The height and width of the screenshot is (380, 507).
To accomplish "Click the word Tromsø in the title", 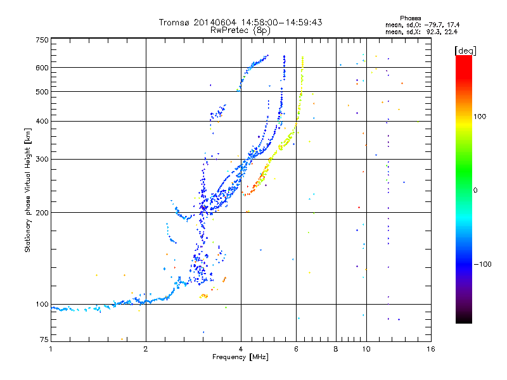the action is (x=174, y=22).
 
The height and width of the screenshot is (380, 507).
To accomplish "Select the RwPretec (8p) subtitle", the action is (x=240, y=30).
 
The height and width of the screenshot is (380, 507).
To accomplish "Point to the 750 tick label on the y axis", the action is (x=42, y=40).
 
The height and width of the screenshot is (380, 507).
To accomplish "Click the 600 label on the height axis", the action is (x=42, y=68).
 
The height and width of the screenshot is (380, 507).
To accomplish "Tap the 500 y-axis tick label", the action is (x=42, y=92).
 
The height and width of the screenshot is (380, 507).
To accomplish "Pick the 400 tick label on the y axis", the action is (x=42, y=121).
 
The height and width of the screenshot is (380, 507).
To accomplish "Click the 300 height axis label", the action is (x=42, y=160).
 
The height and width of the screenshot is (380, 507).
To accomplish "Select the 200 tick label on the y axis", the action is (x=42, y=213).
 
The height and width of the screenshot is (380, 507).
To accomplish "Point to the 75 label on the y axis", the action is (x=44, y=339).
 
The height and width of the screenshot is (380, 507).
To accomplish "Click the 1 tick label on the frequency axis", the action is (x=51, y=349).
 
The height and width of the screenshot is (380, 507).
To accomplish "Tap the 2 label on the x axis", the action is (x=146, y=349).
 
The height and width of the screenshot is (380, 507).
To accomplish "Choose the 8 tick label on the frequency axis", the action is (x=336, y=349).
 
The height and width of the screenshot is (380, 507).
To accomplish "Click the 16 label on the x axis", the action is (x=431, y=349).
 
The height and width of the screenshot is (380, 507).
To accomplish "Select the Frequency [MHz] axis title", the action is (x=240, y=357).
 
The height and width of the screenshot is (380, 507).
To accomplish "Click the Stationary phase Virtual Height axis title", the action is (x=27, y=190).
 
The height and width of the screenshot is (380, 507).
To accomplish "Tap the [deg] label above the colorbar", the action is (x=466, y=51).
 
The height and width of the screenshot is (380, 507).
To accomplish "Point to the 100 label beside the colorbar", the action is (x=480, y=117).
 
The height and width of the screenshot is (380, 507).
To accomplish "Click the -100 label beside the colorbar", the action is (x=482, y=264).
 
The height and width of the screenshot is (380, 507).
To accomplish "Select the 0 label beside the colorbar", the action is (x=475, y=191).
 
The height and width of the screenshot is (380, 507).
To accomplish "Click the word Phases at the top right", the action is (x=410, y=18).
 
